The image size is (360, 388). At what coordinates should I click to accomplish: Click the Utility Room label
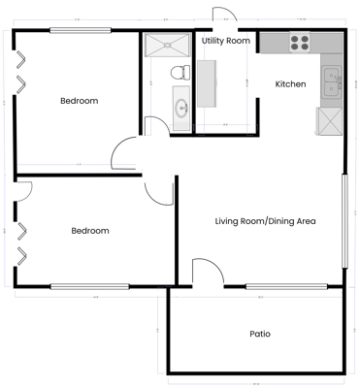point(225,42)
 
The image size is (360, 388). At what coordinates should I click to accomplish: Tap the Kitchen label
point(290,84)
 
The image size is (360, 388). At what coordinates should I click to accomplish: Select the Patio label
point(259,334)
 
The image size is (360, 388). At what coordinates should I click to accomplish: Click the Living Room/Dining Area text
point(265,221)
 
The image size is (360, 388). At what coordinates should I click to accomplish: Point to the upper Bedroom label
point(79,101)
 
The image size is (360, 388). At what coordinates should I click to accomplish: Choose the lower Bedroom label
point(89,231)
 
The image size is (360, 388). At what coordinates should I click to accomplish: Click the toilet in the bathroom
point(178,72)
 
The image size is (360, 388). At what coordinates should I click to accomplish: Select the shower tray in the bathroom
point(168,45)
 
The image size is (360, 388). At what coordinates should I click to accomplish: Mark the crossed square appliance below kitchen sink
point(330,121)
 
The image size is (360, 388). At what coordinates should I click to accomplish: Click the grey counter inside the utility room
point(207,83)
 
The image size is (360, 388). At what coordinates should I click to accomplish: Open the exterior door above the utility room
point(222,18)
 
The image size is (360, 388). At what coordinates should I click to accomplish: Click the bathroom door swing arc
point(155,124)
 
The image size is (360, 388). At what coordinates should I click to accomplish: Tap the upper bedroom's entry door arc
point(126,153)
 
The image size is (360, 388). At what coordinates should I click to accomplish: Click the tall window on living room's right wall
point(344,220)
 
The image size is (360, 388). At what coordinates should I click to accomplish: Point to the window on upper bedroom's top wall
point(80,30)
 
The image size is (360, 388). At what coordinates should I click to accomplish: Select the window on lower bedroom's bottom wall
point(89,286)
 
